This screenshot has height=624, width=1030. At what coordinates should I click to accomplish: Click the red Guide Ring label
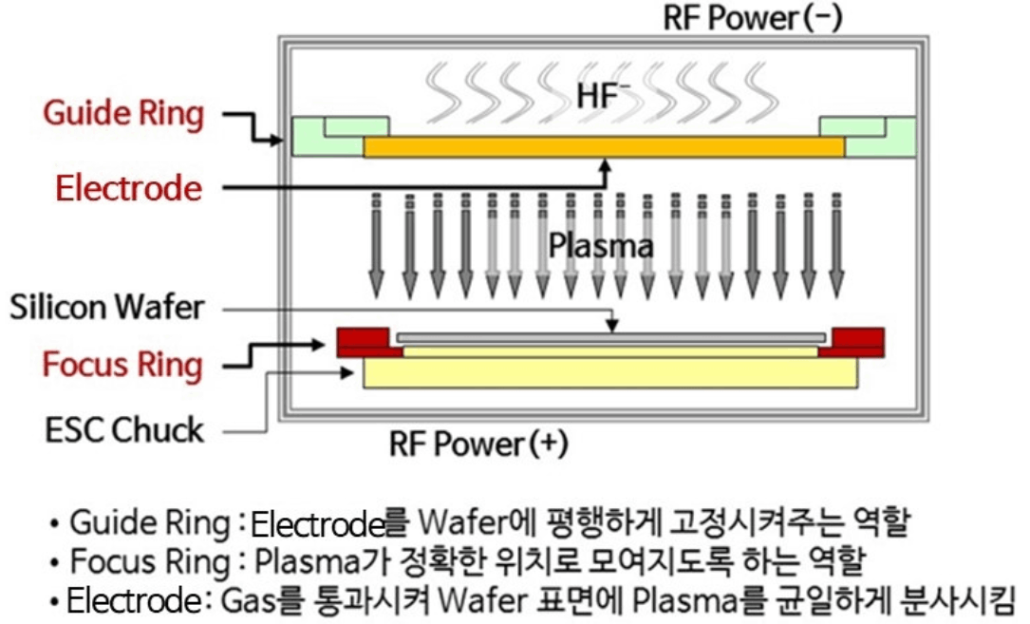click(x=123, y=114)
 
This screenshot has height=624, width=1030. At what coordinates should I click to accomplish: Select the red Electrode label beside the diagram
click(x=129, y=189)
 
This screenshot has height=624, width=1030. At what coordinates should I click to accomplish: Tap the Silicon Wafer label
click(x=107, y=308)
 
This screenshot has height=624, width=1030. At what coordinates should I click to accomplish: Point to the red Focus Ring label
click(x=122, y=366)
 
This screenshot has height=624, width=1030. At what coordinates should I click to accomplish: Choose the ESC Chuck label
click(x=124, y=430)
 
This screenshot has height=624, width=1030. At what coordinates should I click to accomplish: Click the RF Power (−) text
click(x=753, y=18)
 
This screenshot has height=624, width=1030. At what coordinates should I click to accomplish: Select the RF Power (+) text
click(x=478, y=444)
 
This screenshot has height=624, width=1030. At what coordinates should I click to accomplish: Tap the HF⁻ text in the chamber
click(x=598, y=95)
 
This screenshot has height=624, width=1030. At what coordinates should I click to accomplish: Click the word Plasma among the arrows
click(x=601, y=246)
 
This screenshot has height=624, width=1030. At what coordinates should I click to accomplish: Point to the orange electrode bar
click(x=605, y=146)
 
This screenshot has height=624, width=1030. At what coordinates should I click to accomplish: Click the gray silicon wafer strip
click(x=611, y=338)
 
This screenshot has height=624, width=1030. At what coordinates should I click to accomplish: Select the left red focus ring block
click(x=369, y=343)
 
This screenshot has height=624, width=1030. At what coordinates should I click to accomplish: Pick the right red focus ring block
click(x=852, y=343)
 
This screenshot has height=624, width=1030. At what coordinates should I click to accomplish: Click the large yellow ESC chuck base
click(x=610, y=373)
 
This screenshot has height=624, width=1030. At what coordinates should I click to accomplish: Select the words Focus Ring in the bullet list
click(x=150, y=562)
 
